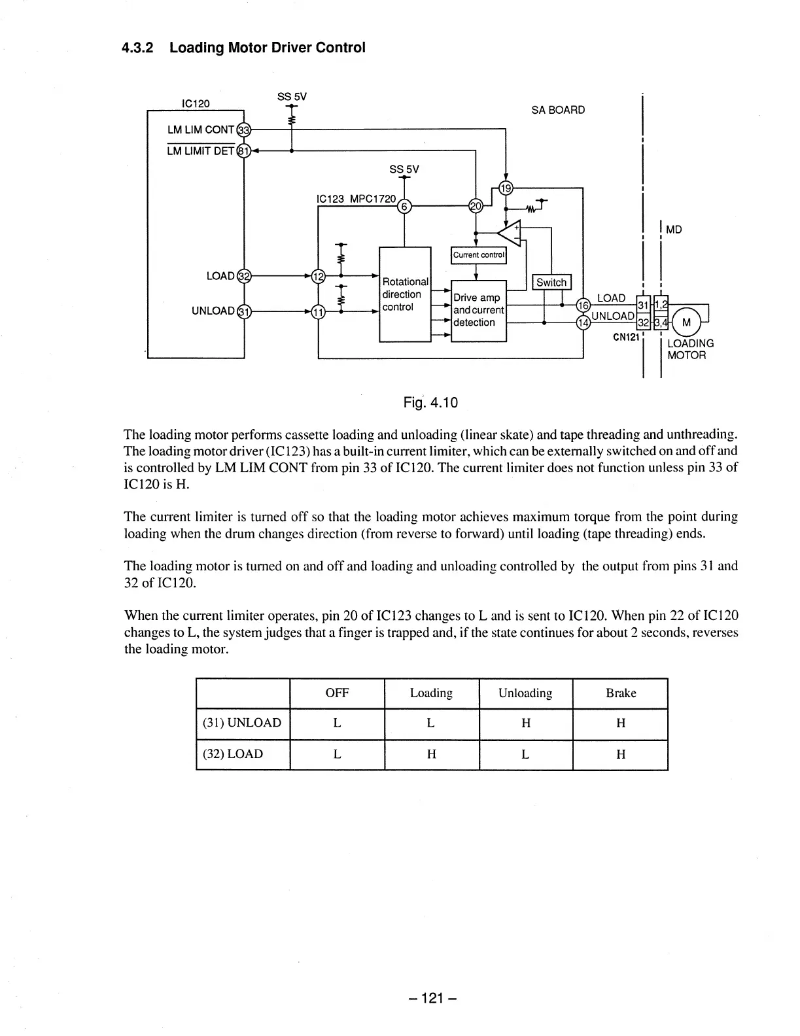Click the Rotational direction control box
pyautogui.click(x=405, y=294)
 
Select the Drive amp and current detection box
pyautogui.click(x=479, y=310)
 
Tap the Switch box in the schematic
pyautogui.click(x=551, y=283)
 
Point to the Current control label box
pyautogui.click(x=479, y=255)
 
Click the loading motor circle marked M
pyautogui.click(x=686, y=322)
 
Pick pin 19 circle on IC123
pyautogui.click(x=506, y=188)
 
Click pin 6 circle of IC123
pyautogui.click(x=404, y=206)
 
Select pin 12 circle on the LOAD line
pyautogui.click(x=318, y=276)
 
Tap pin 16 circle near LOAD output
pyautogui.click(x=582, y=305)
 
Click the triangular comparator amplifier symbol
pyautogui.click(x=510, y=233)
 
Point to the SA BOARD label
pyautogui.click(x=558, y=110)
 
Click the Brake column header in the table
pyautogui.click(x=620, y=693)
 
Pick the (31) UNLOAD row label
pyautogui.click(x=242, y=723)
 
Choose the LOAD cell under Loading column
pyautogui.click(x=431, y=754)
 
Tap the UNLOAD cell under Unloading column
pyautogui.click(x=525, y=723)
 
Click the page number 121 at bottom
pyautogui.click(x=431, y=998)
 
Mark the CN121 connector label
pyautogui.click(x=626, y=337)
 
